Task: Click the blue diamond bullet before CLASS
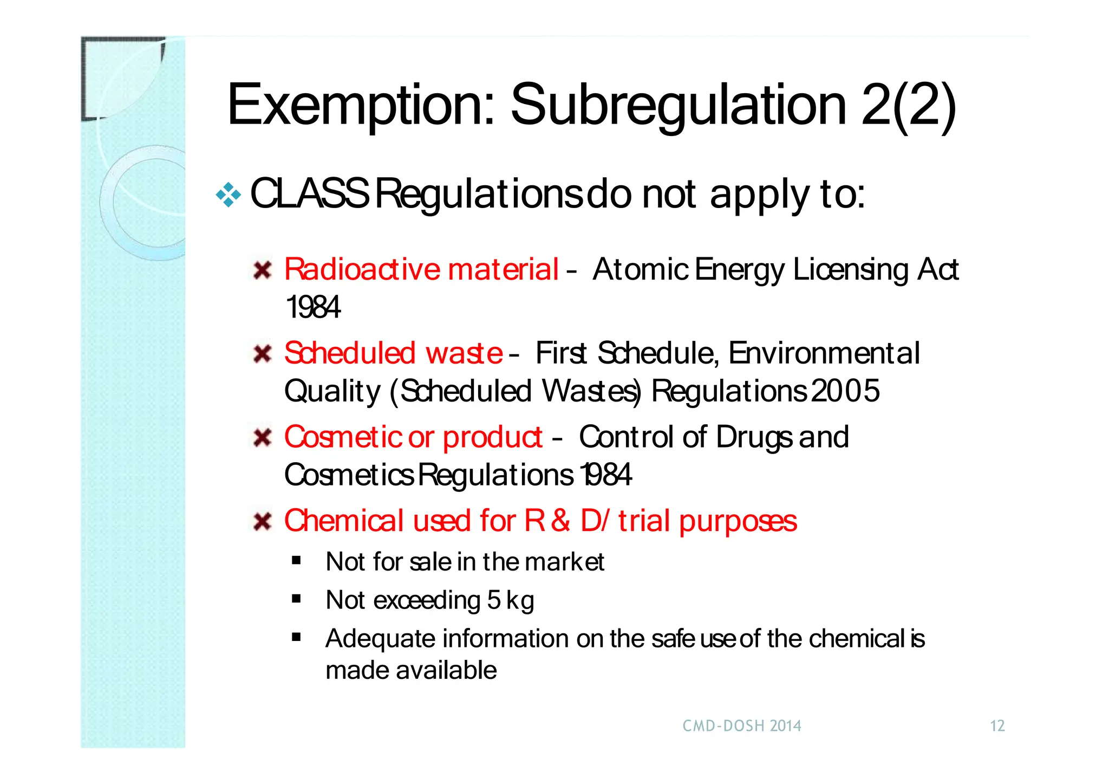228,195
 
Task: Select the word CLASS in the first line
309,194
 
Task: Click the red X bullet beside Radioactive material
263,270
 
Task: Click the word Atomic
641,269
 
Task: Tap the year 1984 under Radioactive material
313,308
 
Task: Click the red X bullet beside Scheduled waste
263,354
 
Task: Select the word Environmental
824,353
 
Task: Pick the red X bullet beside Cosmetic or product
263,437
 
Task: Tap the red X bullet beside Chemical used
263,522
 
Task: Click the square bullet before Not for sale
296,561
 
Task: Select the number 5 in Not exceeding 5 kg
493,600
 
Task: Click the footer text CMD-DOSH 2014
742,726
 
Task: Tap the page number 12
997,726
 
